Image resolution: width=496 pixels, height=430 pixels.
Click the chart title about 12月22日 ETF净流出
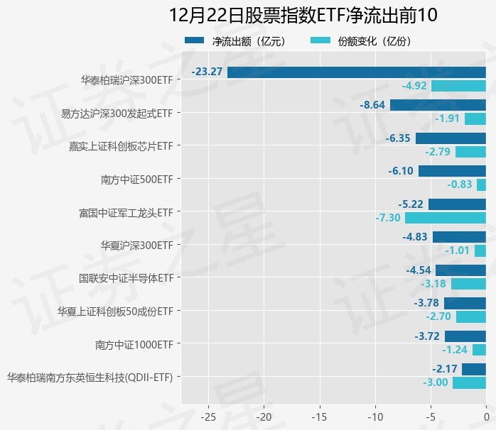coord(303,15)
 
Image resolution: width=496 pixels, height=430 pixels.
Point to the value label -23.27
coord(207,72)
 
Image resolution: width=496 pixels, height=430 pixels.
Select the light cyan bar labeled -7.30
coord(446,218)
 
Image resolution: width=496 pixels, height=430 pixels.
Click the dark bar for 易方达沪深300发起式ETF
coord(438,105)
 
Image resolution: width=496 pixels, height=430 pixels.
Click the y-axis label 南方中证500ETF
coord(136,180)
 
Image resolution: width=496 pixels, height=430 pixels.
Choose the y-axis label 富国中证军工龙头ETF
coord(125,212)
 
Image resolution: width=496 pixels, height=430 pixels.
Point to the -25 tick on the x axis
coord(209,414)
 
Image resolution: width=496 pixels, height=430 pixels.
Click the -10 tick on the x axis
coord(375,414)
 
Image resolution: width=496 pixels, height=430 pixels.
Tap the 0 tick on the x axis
coord(486,414)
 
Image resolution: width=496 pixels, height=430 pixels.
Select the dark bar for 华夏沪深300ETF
coord(459,237)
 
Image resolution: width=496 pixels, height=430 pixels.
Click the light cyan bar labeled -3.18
coord(468,284)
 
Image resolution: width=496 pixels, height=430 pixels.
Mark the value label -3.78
coord(428,303)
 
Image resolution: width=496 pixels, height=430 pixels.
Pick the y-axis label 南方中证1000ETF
coord(134,345)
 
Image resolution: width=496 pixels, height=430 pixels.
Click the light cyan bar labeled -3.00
coord(469,383)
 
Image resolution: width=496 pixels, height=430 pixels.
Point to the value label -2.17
coord(445,369)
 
